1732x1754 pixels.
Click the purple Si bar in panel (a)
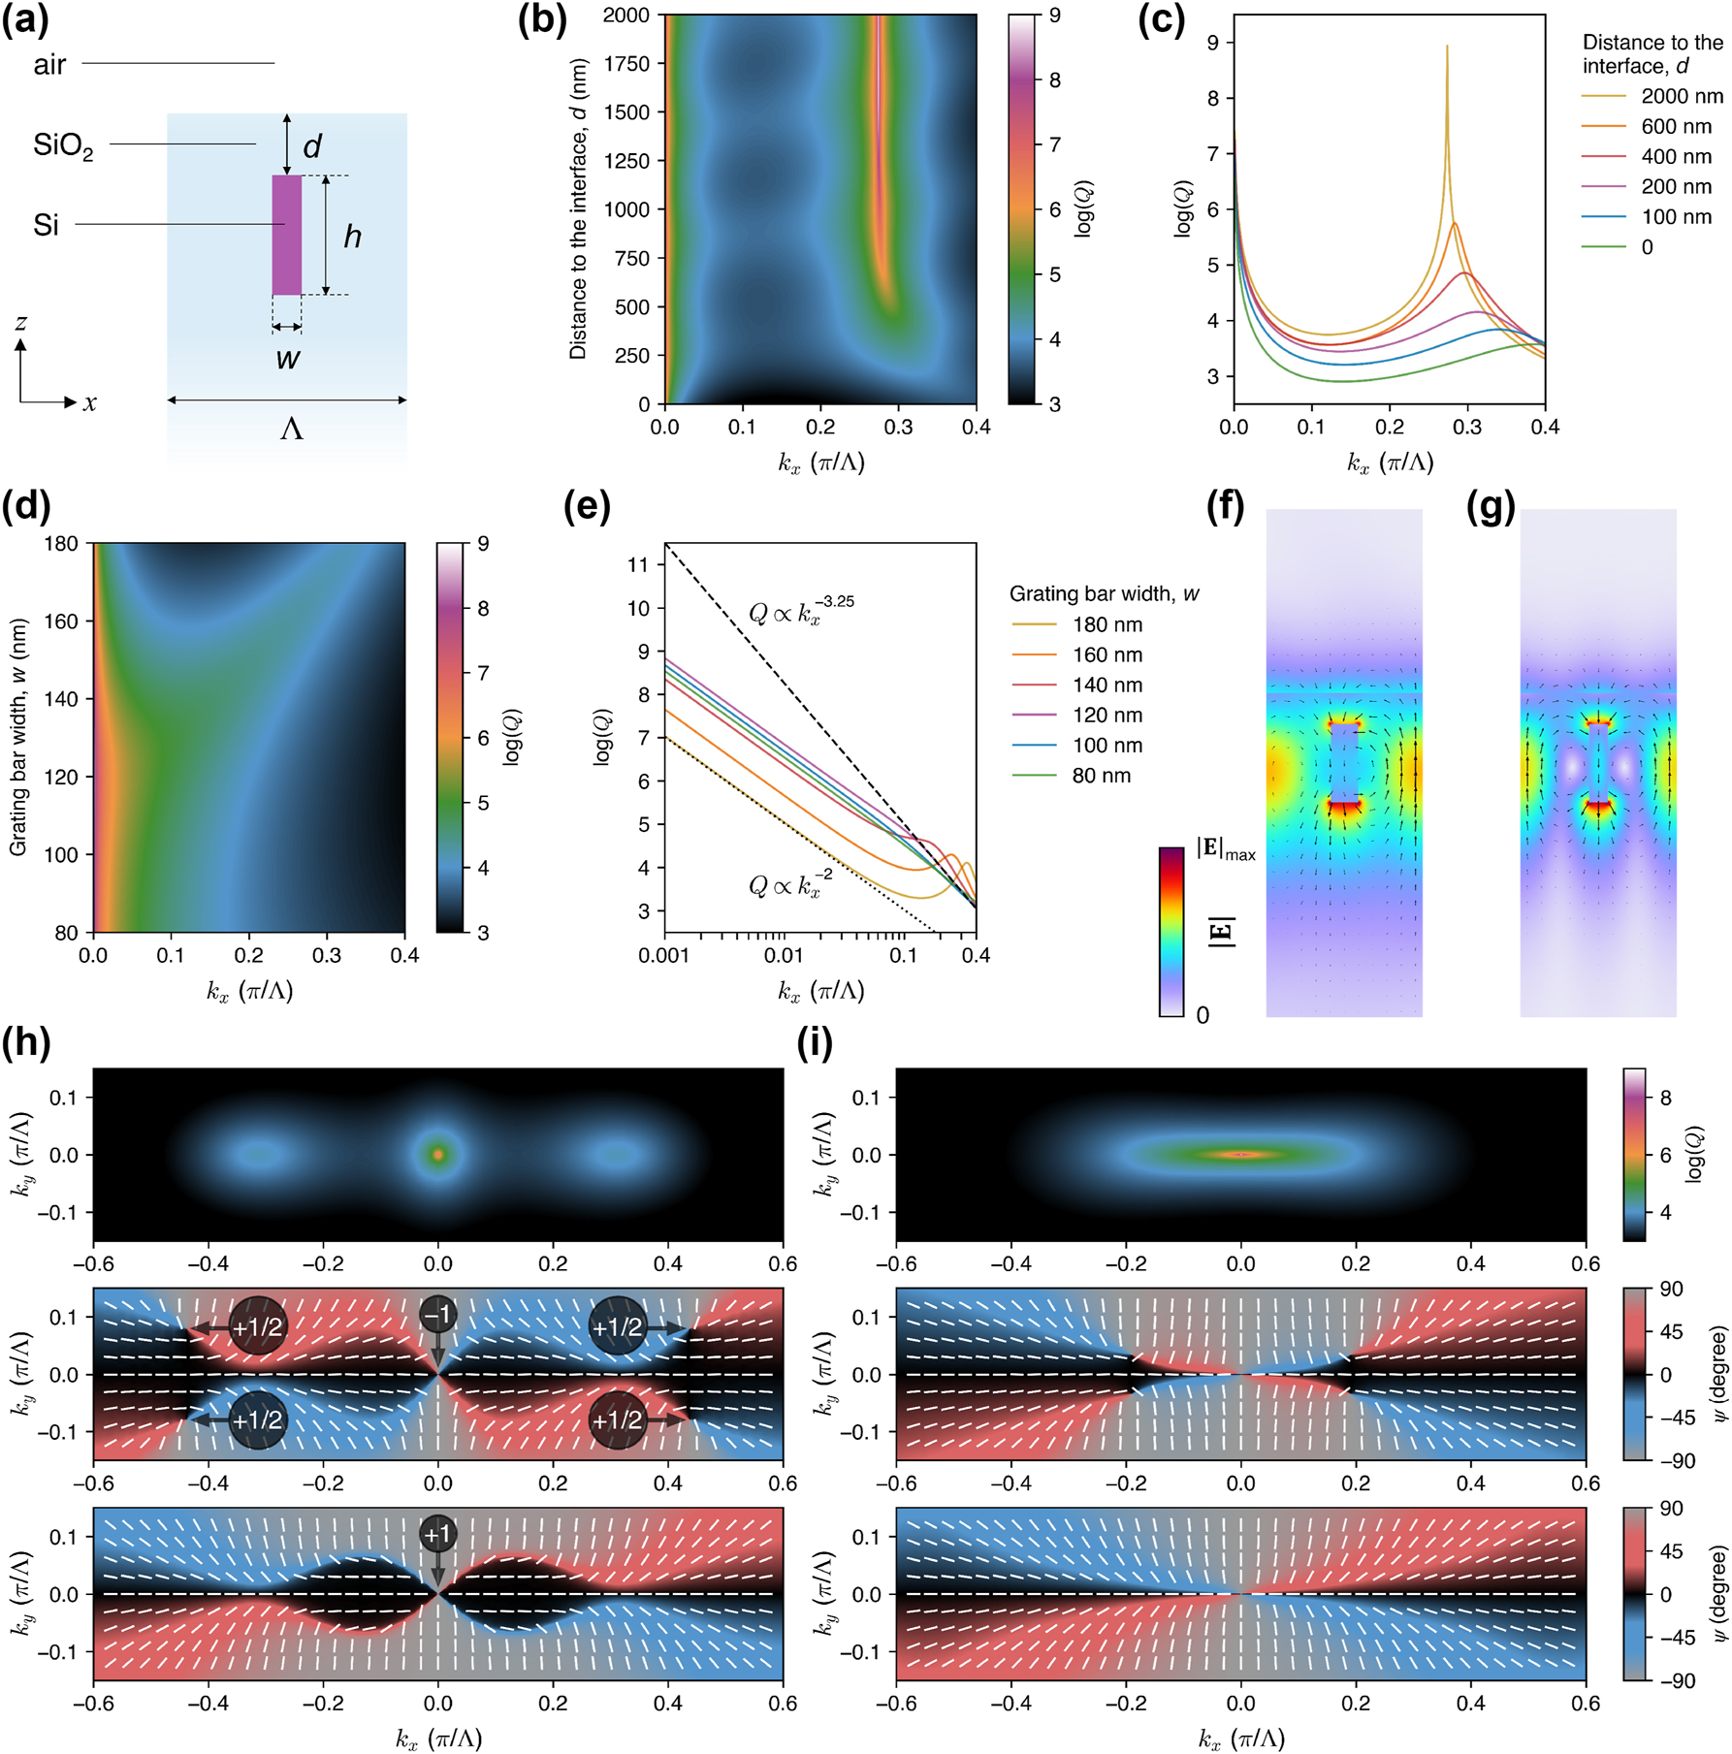click(286, 235)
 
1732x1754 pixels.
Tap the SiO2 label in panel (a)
click(63, 145)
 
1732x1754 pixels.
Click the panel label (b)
click(542, 19)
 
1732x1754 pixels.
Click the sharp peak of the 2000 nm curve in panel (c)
click(1447, 48)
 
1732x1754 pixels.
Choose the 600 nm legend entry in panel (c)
click(1676, 126)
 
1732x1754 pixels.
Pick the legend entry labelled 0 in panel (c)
click(1647, 247)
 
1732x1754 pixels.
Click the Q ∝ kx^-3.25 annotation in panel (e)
click(801, 610)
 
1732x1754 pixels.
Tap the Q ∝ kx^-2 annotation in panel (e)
click(789, 883)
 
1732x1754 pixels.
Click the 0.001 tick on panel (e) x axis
click(664, 956)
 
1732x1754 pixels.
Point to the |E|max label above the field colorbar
click(1226, 850)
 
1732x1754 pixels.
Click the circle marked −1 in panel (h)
click(437, 1315)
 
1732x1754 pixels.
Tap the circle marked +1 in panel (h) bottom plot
click(437, 1534)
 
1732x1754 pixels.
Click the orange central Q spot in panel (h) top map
click(438, 1154)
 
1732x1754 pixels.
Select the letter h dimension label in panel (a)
click(352, 236)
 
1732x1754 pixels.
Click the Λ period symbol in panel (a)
click(291, 428)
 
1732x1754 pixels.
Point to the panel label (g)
click(1491, 507)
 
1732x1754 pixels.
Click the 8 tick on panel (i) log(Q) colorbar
click(1666, 1098)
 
